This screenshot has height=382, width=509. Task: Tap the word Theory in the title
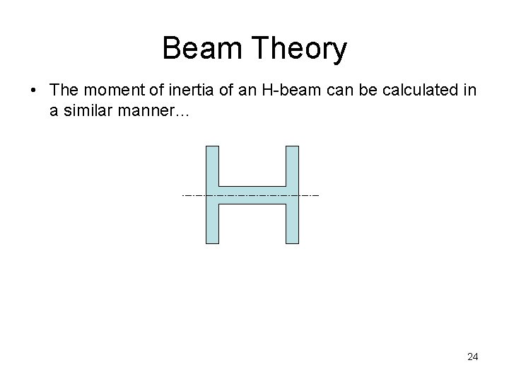pos(301,50)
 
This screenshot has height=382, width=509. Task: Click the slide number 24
pos(472,357)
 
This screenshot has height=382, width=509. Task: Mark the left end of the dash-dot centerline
pos(183,194)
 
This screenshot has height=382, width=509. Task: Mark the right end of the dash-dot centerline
pos(319,194)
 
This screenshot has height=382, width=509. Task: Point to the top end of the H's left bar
pos(211,147)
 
